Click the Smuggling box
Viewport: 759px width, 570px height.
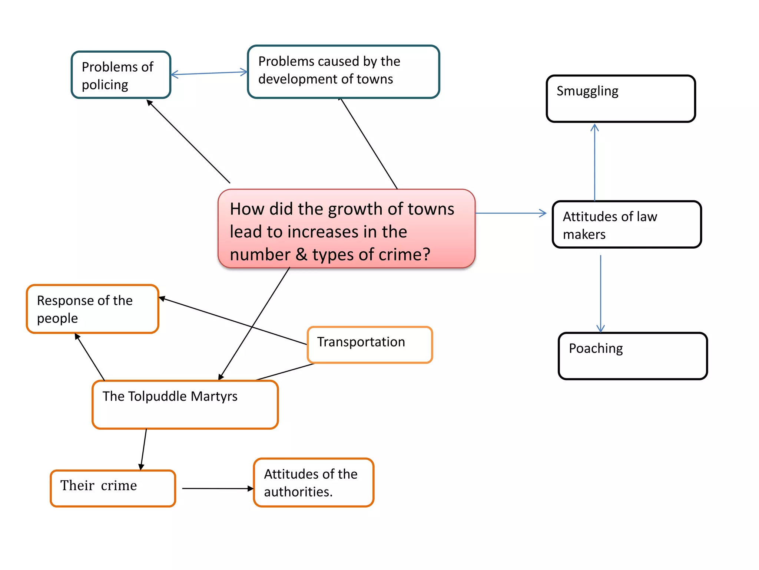point(620,99)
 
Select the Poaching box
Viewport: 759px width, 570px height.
point(632,356)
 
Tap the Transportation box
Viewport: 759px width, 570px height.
point(369,344)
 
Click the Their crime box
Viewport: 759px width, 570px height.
point(113,488)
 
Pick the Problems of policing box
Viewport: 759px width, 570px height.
point(121,75)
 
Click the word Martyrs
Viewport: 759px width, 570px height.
point(214,396)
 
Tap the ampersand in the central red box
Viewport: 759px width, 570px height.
point(301,255)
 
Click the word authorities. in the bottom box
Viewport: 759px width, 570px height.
point(298,492)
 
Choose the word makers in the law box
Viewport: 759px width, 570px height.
point(584,235)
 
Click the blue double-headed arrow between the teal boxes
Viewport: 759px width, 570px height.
point(209,73)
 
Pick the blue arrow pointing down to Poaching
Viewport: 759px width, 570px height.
point(600,293)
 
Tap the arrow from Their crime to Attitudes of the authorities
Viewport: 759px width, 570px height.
point(217,488)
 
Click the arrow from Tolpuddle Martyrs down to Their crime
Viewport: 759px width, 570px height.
point(143,449)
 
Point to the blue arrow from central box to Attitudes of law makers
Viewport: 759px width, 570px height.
point(510,213)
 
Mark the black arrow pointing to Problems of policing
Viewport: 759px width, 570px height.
point(188,141)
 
